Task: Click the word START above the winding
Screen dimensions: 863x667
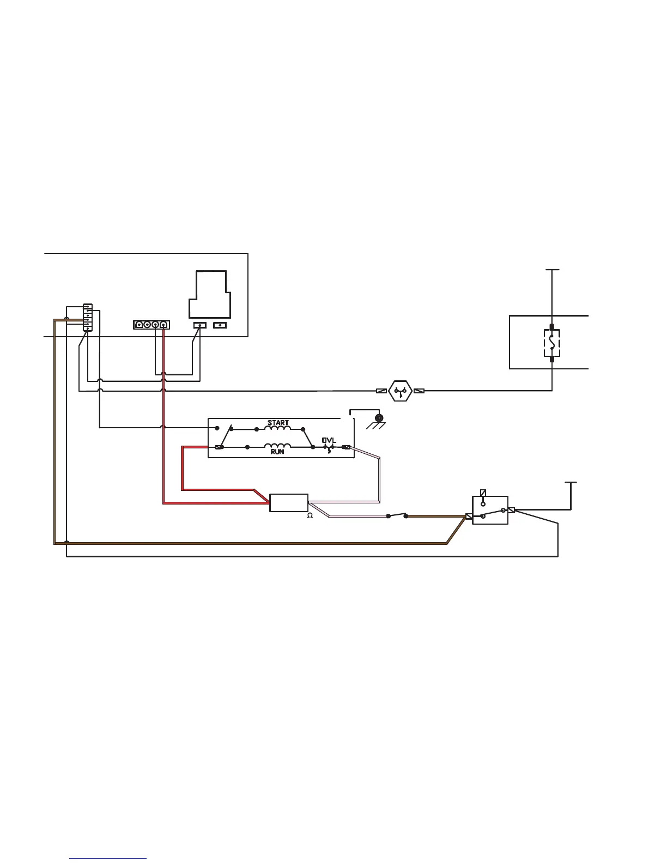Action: pos(278,423)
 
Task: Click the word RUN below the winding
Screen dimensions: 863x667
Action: pos(277,452)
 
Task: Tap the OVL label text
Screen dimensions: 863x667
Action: pos(329,440)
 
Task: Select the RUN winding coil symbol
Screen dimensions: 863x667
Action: pos(277,446)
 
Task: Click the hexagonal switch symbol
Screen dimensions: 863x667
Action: pos(401,391)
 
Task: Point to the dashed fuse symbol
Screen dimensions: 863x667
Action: pos(552,343)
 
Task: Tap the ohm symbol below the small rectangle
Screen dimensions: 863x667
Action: pos(310,515)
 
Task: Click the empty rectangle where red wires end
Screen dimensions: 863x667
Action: pos(289,503)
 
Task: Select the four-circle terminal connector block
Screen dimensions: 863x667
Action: pos(151,325)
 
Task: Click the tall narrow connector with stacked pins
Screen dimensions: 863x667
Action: pos(88,318)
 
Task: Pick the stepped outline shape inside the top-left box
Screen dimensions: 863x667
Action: pos(209,294)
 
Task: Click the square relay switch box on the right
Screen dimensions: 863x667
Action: pos(490,510)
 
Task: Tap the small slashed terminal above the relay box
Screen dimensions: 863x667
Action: pos(483,493)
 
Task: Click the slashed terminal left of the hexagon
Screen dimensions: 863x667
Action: pos(382,391)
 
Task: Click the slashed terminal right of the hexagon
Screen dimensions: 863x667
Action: pos(419,391)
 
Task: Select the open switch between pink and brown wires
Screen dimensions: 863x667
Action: pos(397,515)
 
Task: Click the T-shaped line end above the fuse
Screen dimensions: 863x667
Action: pos(552,270)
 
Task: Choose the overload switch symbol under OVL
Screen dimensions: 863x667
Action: pos(329,448)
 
